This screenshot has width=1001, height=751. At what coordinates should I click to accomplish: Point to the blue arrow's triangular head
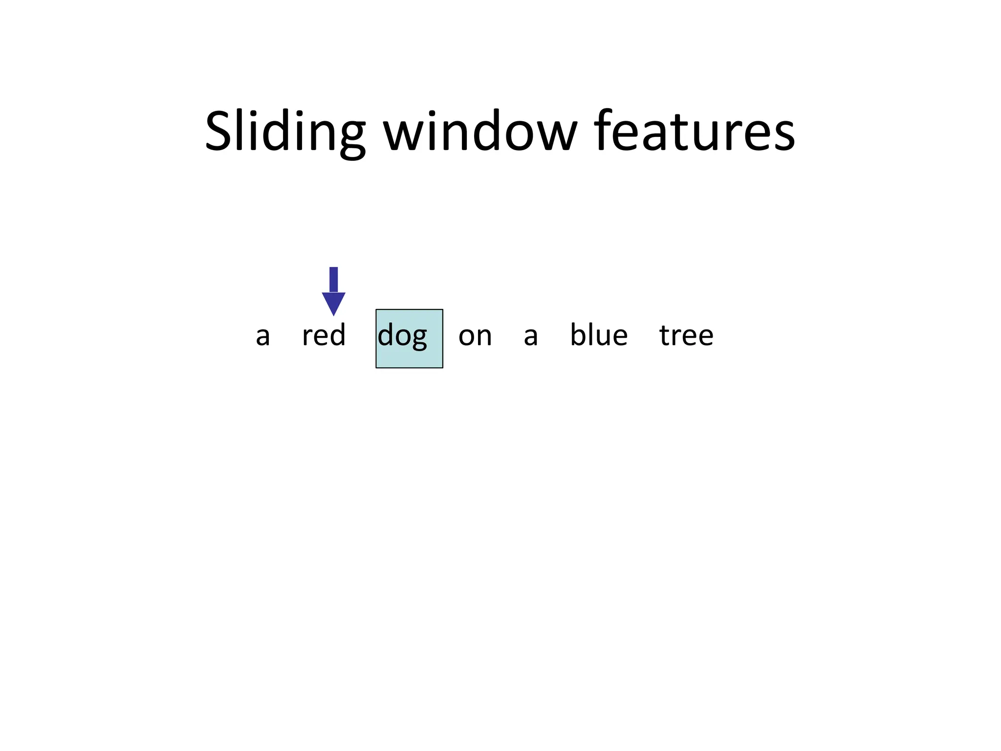coord(333,302)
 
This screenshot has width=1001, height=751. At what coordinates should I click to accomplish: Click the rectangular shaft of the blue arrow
coord(333,279)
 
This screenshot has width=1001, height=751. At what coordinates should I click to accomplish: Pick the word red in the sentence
coord(324,335)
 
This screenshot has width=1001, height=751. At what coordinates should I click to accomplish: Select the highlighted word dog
coord(402,336)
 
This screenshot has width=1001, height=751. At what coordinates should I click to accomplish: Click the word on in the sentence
coord(475,336)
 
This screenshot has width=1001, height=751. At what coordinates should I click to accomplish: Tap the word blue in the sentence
coord(599,335)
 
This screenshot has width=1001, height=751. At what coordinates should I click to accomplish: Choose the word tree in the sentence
coord(686,335)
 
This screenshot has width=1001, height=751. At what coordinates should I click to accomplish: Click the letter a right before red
coord(262,336)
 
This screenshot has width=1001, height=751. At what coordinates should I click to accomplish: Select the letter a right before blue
coord(530,336)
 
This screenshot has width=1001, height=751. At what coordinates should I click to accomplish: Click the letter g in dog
coord(419,339)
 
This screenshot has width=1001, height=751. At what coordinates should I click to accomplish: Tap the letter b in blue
coord(578,334)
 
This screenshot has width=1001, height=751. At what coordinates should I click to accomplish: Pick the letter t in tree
coord(665,335)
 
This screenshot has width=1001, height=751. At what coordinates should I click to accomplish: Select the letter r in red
coord(306,337)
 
